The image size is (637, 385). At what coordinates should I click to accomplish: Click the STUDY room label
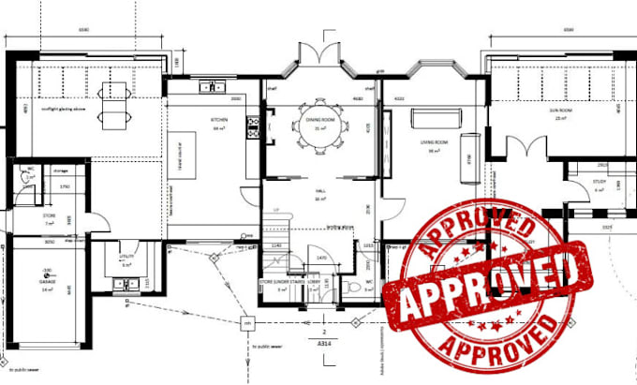[x=600, y=183]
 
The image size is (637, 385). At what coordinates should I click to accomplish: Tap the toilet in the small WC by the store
[x=29, y=178]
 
